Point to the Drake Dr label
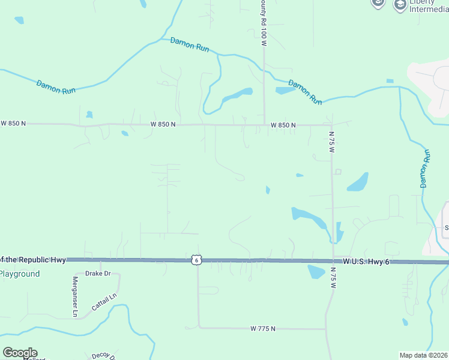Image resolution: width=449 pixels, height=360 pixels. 98,274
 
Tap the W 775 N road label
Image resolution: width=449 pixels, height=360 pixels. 263,329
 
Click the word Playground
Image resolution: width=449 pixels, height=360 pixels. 20,274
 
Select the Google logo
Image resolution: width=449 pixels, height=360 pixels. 20,353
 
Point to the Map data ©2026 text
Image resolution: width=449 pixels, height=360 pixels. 423,355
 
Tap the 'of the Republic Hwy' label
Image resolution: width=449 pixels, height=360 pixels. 31,260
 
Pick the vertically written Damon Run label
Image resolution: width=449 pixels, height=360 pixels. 426,169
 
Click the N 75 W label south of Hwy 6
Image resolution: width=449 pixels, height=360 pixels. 333,278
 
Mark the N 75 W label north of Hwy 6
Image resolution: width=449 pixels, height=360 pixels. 331,142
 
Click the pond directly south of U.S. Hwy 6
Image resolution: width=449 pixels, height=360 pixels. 316,272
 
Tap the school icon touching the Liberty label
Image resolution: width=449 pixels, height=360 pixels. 400,5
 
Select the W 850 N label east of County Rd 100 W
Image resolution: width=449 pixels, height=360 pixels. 283,125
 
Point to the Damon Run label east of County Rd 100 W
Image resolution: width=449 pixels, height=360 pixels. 305,92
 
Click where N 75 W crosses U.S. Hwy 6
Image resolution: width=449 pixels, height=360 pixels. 333,261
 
